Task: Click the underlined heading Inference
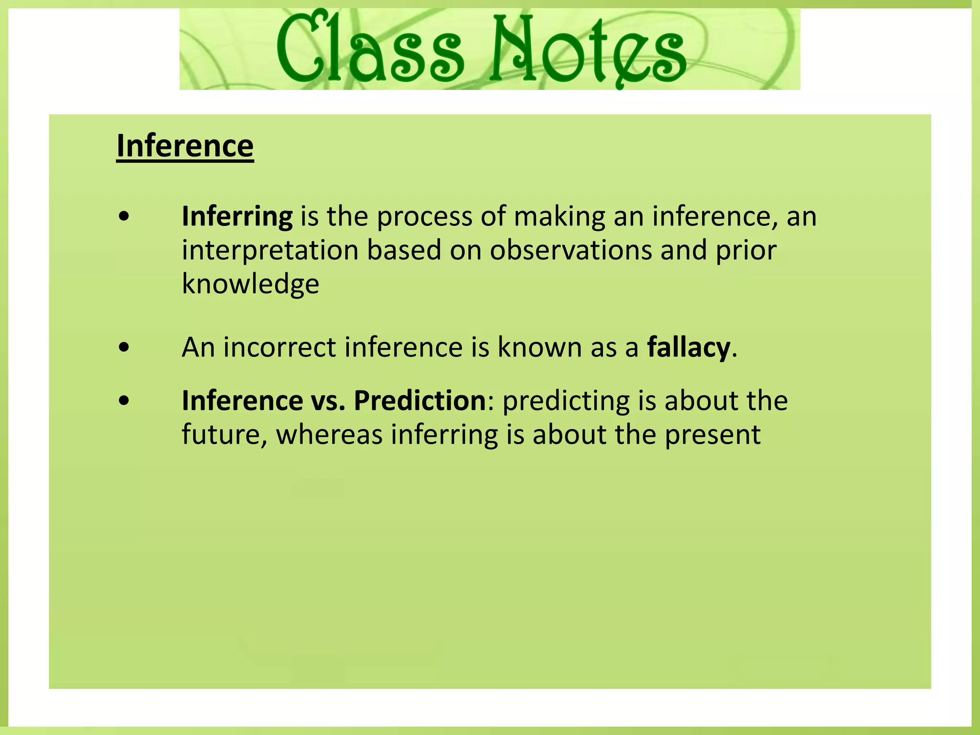(x=185, y=146)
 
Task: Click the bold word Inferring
(x=237, y=217)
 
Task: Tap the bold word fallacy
(x=689, y=347)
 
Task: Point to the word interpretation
(x=270, y=250)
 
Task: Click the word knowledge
(x=250, y=284)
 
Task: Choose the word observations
(x=571, y=250)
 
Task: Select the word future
(x=221, y=435)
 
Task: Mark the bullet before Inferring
(x=124, y=217)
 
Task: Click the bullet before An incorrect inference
(x=124, y=347)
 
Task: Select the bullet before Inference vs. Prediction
(x=124, y=401)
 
